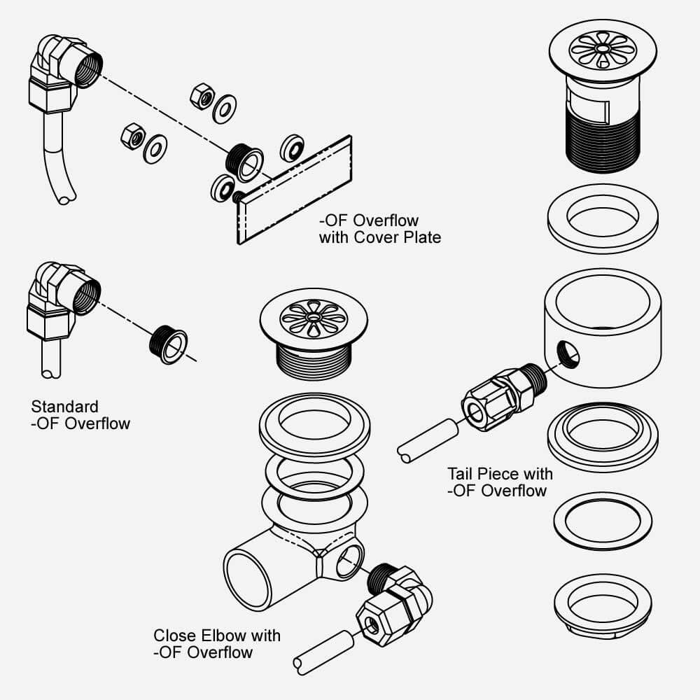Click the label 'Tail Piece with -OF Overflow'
(500, 482)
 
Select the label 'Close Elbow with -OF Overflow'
(216, 644)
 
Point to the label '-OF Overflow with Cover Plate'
(380, 230)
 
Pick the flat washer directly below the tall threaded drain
(602, 218)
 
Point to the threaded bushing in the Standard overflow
(168, 343)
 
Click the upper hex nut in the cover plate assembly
(202, 95)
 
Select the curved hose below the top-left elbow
(57, 162)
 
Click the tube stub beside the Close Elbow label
(325, 650)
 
